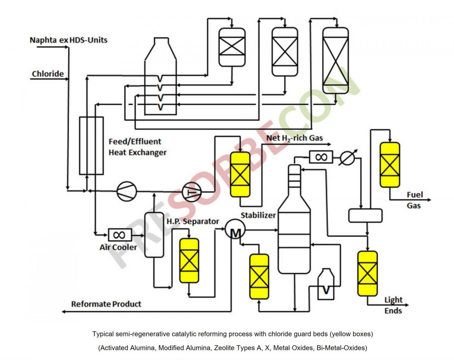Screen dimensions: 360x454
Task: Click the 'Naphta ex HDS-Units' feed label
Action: click(68, 40)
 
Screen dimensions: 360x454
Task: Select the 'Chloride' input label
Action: click(48, 74)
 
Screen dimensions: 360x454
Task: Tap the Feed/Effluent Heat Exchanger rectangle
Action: click(91, 145)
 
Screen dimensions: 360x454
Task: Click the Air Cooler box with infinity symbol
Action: click(120, 235)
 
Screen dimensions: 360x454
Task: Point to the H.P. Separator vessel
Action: click(154, 235)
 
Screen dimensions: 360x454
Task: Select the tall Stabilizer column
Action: click(294, 227)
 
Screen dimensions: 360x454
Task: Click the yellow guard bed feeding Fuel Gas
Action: click(390, 165)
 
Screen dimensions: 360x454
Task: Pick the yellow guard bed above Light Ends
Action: click(367, 273)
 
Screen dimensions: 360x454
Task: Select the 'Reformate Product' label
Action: click(106, 304)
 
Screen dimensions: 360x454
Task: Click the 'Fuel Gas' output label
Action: click(414, 200)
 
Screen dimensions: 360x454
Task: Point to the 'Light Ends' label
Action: click(393, 305)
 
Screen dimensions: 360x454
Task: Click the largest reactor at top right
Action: click(335, 61)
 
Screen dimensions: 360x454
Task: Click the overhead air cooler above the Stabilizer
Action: click(321, 157)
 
